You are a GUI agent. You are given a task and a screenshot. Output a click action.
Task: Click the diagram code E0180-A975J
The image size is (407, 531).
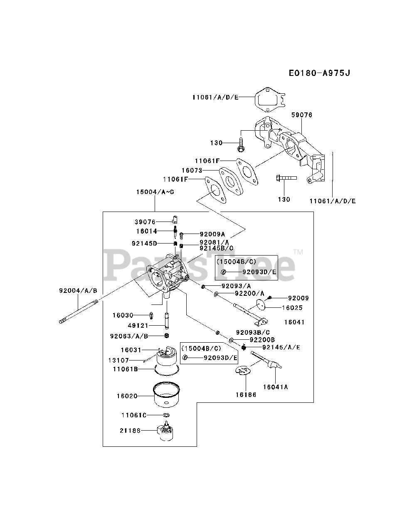click(x=319, y=73)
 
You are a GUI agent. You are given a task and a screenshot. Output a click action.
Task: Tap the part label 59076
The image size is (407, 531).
click(x=302, y=115)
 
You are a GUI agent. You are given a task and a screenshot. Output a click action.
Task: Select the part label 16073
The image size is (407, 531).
click(x=192, y=170)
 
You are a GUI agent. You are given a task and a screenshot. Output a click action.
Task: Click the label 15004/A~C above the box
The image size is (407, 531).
click(x=155, y=192)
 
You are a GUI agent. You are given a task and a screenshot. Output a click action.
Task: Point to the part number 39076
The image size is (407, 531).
click(x=145, y=222)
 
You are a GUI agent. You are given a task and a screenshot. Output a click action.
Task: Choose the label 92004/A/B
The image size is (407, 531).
click(x=78, y=291)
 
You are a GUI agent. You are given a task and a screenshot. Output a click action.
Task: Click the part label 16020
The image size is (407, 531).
click(x=127, y=396)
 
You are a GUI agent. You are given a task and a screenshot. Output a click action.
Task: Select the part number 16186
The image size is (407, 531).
click(x=246, y=395)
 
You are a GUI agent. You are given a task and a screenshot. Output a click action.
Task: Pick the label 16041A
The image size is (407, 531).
click(x=275, y=387)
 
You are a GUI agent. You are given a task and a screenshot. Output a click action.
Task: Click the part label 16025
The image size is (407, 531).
click(x=292, y=308)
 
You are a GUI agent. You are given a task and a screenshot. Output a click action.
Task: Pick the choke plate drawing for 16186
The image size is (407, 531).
click(x=243, y=370)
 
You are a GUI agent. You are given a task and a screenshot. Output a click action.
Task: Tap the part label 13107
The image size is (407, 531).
click(x=119, y=360)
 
